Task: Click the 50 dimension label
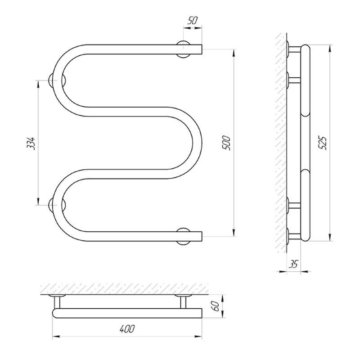pyautogui.click(x=193, y=20)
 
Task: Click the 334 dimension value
pyautogui.click(x=31, y=143)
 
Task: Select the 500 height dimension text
pyautogui.click(x=226, y=143)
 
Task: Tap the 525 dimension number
pyautogui.click(x=323, y=143)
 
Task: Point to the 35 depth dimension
pyautogui.click(x=293, y=264)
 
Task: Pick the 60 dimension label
pyautogui.click(x=216, y=306)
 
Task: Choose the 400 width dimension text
pyautogui.click(x=127, y=329)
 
